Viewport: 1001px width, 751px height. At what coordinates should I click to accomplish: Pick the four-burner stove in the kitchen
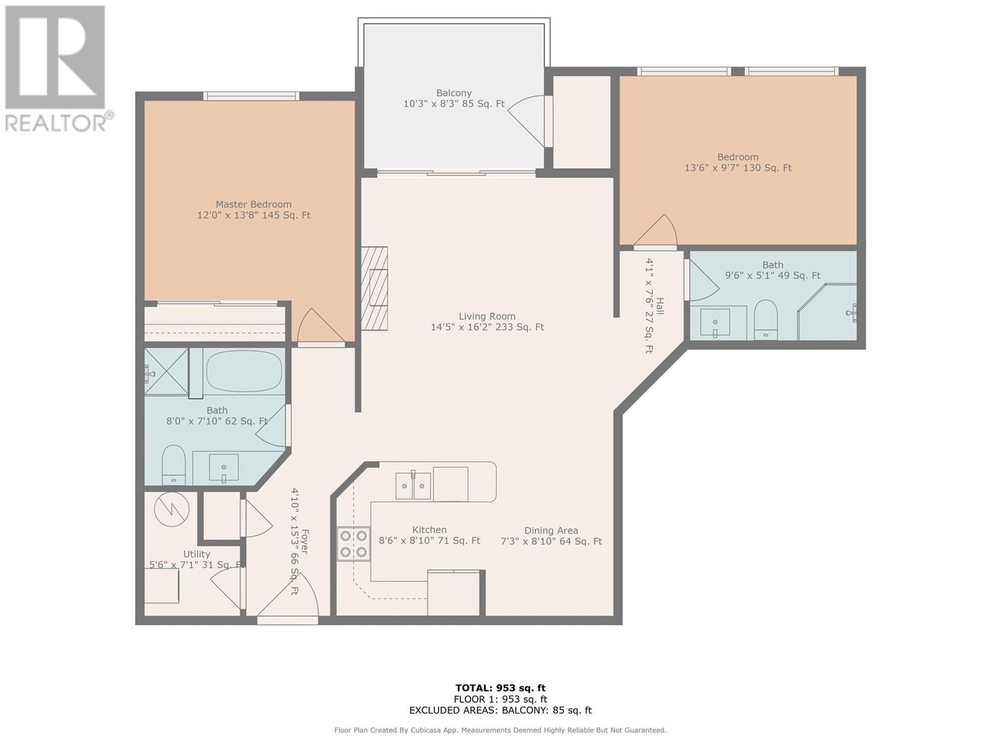tap(353, 544)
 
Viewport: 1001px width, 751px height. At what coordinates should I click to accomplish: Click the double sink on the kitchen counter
tap(413, 486)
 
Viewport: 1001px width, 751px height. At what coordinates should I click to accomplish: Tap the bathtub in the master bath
tap(244, 370)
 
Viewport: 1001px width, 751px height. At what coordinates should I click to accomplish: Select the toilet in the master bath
tap(174, 465)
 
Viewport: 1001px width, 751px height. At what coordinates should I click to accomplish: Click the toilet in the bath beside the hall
tap(766, 320)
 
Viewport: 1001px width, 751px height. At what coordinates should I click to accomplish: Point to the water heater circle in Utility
tap(172, 509)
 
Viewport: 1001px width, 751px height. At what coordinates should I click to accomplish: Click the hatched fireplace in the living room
tap(374, 288)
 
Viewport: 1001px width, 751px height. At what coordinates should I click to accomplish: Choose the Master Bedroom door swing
tap(320, 325)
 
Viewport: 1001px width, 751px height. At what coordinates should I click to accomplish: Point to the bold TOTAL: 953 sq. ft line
tap(500, 688)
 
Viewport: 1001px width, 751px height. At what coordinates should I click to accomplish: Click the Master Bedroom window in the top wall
tap(252, 96)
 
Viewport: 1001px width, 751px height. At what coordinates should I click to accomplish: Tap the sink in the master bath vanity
tap(223, 467)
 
